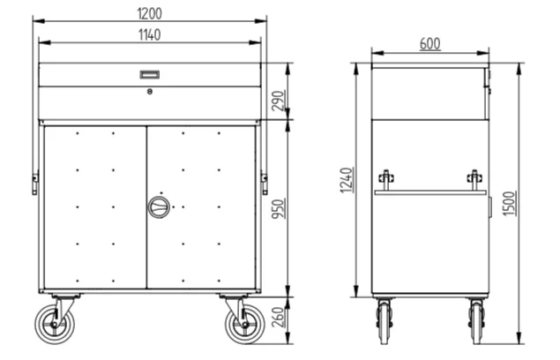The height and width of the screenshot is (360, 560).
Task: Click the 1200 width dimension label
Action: pyautogui.click(x=149, y=13)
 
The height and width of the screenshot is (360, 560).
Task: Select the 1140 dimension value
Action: pyautogui.click(x=149, y=35)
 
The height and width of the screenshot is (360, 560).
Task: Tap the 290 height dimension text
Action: pyautogui.click(x=280, y=101)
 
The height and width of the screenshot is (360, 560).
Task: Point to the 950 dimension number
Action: pyautogui.click(x=280, y=209)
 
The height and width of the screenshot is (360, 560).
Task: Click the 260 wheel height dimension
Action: pyautogui.click(x=280, y=317)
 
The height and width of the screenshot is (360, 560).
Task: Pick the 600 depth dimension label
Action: pyautogui.click(x=430, y=44)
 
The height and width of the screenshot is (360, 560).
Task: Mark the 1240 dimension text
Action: pyautogui.click(x=347, y=180)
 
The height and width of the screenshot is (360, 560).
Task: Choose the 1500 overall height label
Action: pyautogui.click(x=510, y=203)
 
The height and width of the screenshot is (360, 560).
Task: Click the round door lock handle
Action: pyautogui.click(x=159, y=207)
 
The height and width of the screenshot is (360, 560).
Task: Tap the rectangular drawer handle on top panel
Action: pyautogui.click(x=150, y=74)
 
